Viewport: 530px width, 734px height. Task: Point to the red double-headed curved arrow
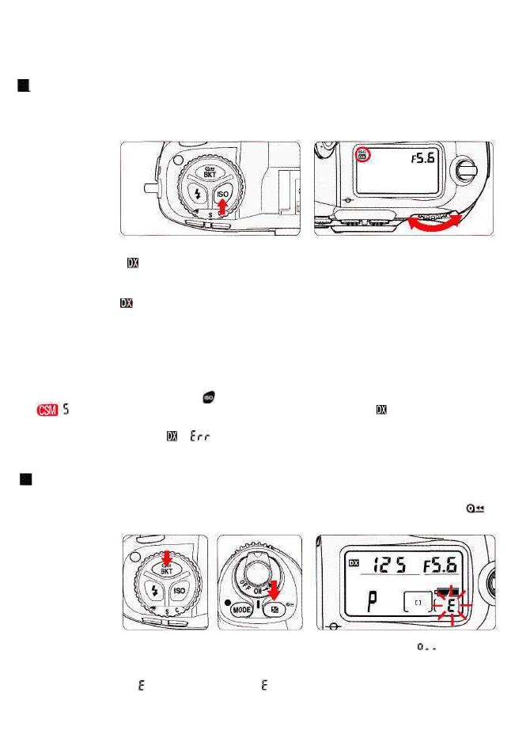click(x=431, y=221)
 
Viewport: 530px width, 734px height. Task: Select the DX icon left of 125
click(x=353, y=563)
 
